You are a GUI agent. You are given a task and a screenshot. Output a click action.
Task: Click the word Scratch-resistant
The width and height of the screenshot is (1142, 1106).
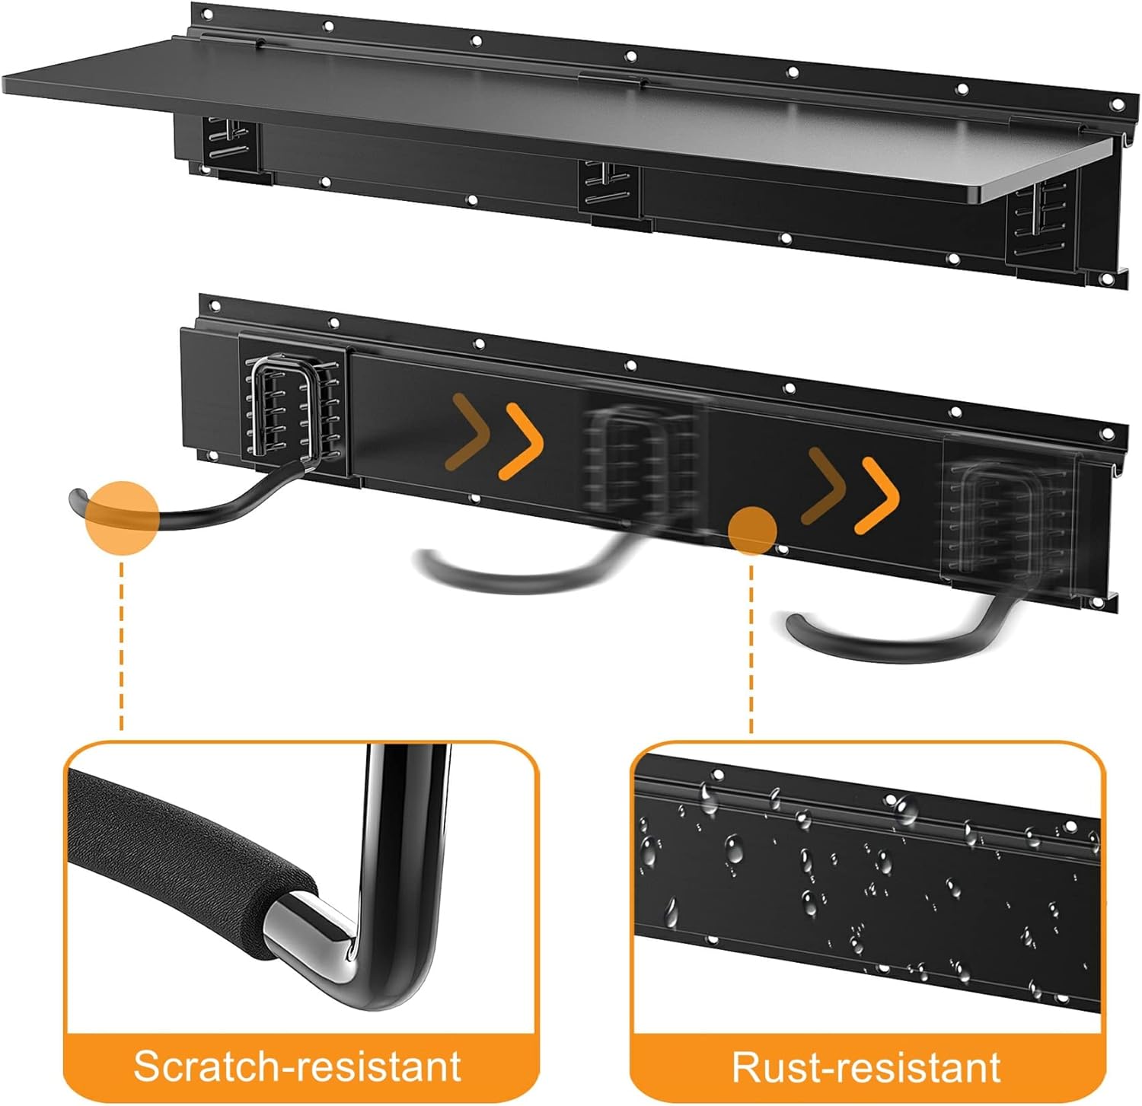tap(298, 1065)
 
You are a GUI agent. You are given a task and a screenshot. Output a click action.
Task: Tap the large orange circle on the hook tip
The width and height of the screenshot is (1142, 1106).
tap(122, 516)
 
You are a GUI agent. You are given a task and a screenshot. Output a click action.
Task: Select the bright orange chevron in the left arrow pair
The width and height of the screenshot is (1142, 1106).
tap(523, 441)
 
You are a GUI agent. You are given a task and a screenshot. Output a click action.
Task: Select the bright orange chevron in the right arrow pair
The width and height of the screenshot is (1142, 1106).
tap(879, 495)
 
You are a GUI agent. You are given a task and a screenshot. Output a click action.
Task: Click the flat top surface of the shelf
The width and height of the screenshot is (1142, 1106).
tap(533, 114)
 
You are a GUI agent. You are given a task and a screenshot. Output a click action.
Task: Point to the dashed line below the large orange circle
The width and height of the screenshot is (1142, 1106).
tap(122, 647)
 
